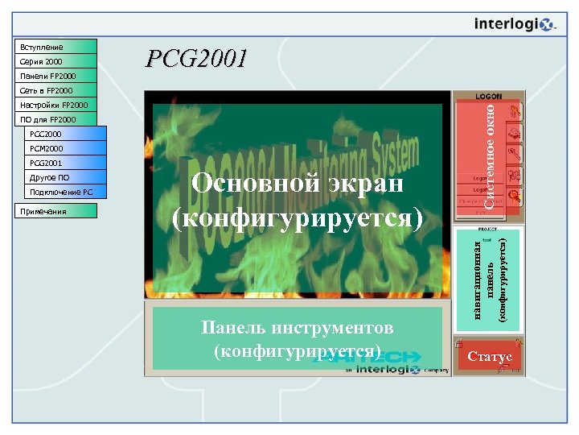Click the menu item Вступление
(55, 47)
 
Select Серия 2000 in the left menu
(55, 61)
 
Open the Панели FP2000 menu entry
(55, 76)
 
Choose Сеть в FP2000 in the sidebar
(55, 90)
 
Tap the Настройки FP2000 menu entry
(55, 105)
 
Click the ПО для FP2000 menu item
(55, 119)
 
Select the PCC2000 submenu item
(64, 134)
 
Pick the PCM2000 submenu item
(64, 148)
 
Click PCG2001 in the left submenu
(64, 163)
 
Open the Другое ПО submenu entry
(64, 177)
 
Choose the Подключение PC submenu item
(64, 192)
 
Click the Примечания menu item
(55, 211)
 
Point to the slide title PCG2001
(196, 59)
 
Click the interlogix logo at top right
(515, 24)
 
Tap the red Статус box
(489, 356)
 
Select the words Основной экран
(297, 184)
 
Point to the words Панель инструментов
(297, 328)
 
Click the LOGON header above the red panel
(489, 96)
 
